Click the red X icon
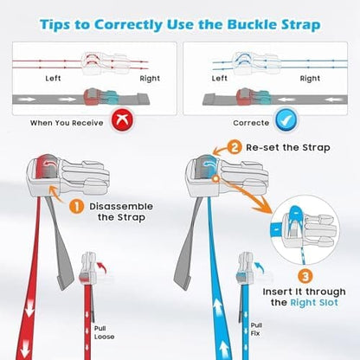(122, 119)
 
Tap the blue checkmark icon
(286, 119)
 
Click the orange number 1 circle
(76, 207)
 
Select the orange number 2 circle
(235, 147)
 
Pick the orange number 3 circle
(305, 277)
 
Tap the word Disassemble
(121, 207)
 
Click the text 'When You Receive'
(67, 123)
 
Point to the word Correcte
(251, 123)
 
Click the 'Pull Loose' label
(104, 332)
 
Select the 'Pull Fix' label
(256, 330)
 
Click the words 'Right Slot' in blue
(314, 303)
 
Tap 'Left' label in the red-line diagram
(53, 78)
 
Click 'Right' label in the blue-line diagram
(310, 79)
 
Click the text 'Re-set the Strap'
(288, 148)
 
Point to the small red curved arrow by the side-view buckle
(102, 267)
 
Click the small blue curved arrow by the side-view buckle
(260, 267)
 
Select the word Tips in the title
(55, 25)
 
